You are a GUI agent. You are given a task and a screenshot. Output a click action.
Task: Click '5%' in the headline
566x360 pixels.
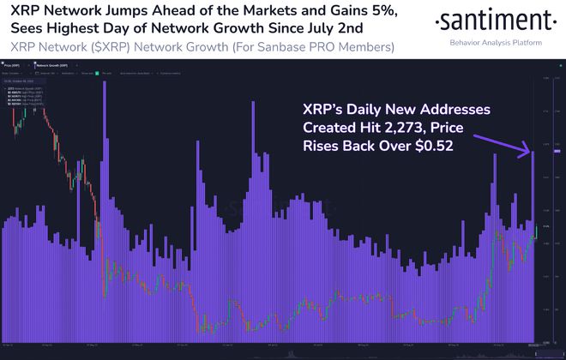click(347, 11)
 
